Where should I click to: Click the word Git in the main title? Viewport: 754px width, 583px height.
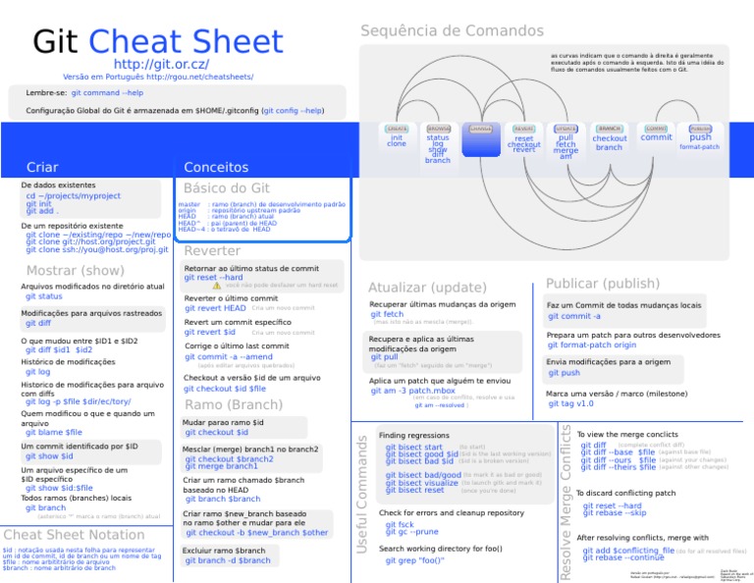56,41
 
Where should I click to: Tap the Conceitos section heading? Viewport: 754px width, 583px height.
216,168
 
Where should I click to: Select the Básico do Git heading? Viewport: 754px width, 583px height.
227,187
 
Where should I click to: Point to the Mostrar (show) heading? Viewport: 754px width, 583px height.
76,270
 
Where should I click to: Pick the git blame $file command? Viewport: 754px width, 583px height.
54,432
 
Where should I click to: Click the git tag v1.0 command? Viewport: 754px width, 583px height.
570,403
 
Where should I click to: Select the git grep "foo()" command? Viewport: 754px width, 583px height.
415,560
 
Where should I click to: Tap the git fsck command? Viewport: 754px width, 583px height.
400,524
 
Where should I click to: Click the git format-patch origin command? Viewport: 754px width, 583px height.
592,344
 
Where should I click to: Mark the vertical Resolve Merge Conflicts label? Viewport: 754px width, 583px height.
565,500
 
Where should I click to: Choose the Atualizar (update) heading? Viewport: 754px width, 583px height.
427,288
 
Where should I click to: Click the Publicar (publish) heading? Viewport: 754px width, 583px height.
603,284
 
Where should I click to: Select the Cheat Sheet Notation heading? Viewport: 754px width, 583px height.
75,534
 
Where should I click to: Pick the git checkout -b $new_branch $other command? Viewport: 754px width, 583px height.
257,532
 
